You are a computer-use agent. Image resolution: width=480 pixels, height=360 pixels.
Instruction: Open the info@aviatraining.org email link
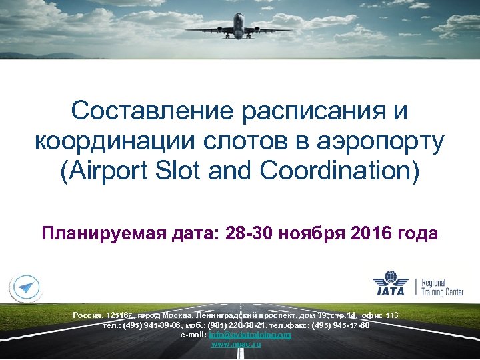tap(250, 335)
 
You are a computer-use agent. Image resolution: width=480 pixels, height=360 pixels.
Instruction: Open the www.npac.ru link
tap(235, 344)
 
